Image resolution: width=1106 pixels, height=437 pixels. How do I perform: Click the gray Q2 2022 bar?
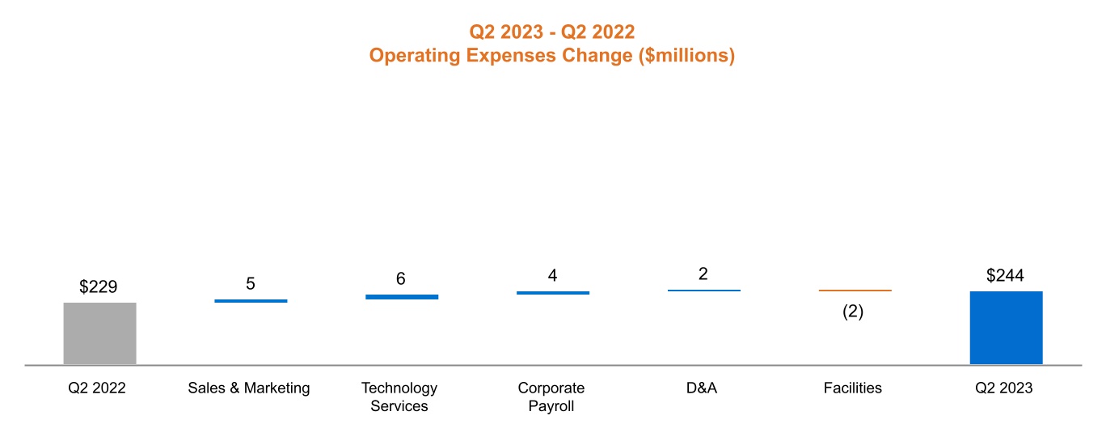coord(99,333)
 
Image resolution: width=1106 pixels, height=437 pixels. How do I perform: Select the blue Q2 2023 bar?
coord(1006,328)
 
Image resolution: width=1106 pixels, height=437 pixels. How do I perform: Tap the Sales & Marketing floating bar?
coord(251,301)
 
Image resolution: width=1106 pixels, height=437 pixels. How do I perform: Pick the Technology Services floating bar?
coord(402,297)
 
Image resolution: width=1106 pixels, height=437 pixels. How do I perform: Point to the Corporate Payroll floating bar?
coord(553,293)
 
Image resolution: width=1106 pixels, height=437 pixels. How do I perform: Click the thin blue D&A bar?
coord(703,290)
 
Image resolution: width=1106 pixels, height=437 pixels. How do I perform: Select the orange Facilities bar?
coord(855,290)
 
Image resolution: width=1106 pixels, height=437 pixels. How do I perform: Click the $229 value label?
coord(99,286)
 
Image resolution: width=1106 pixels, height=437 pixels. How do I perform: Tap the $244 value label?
coord(1005,275)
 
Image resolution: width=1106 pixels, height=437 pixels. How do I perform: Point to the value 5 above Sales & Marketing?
coord(251,283)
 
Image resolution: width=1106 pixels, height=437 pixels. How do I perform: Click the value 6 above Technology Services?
coord(401,279)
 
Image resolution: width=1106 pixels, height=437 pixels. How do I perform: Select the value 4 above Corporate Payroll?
coord(552,275)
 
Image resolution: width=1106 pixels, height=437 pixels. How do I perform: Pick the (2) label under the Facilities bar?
coord(853,312)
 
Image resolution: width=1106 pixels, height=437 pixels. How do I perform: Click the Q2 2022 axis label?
coord(97,388)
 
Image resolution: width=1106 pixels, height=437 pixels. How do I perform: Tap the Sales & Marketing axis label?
coord(249,388)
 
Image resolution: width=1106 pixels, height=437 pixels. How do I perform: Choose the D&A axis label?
coord(702,388)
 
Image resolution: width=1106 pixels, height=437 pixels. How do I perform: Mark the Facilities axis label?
coord(853,388)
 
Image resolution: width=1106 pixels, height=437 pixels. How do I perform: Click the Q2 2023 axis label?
coord(1003,388)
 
